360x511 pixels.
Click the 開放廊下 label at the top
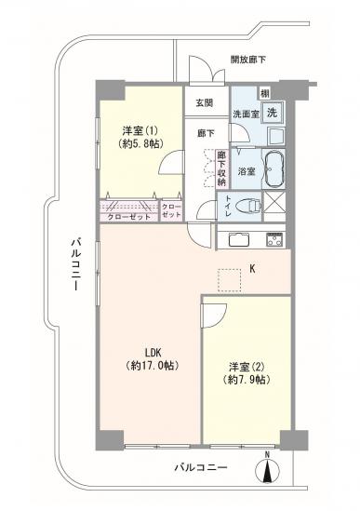coord(248,60)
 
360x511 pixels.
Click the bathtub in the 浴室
coord(276,171)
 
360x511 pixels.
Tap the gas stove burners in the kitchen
coord(275,238)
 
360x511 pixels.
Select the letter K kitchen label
coord(252,270)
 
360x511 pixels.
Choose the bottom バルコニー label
coord(199,468)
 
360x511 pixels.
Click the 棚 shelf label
coord(264,91)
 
